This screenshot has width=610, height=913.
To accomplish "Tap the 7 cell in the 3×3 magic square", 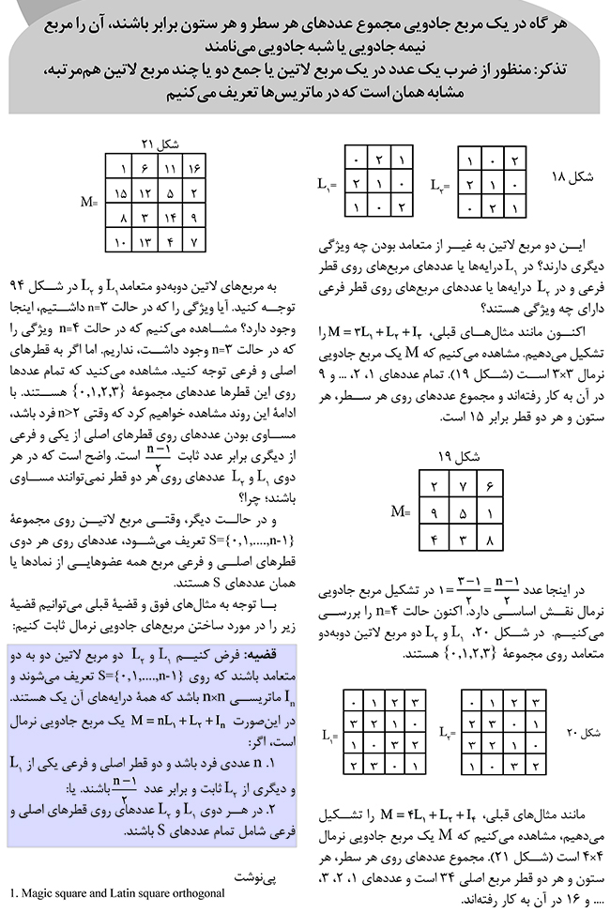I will click(x=462, y=487).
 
